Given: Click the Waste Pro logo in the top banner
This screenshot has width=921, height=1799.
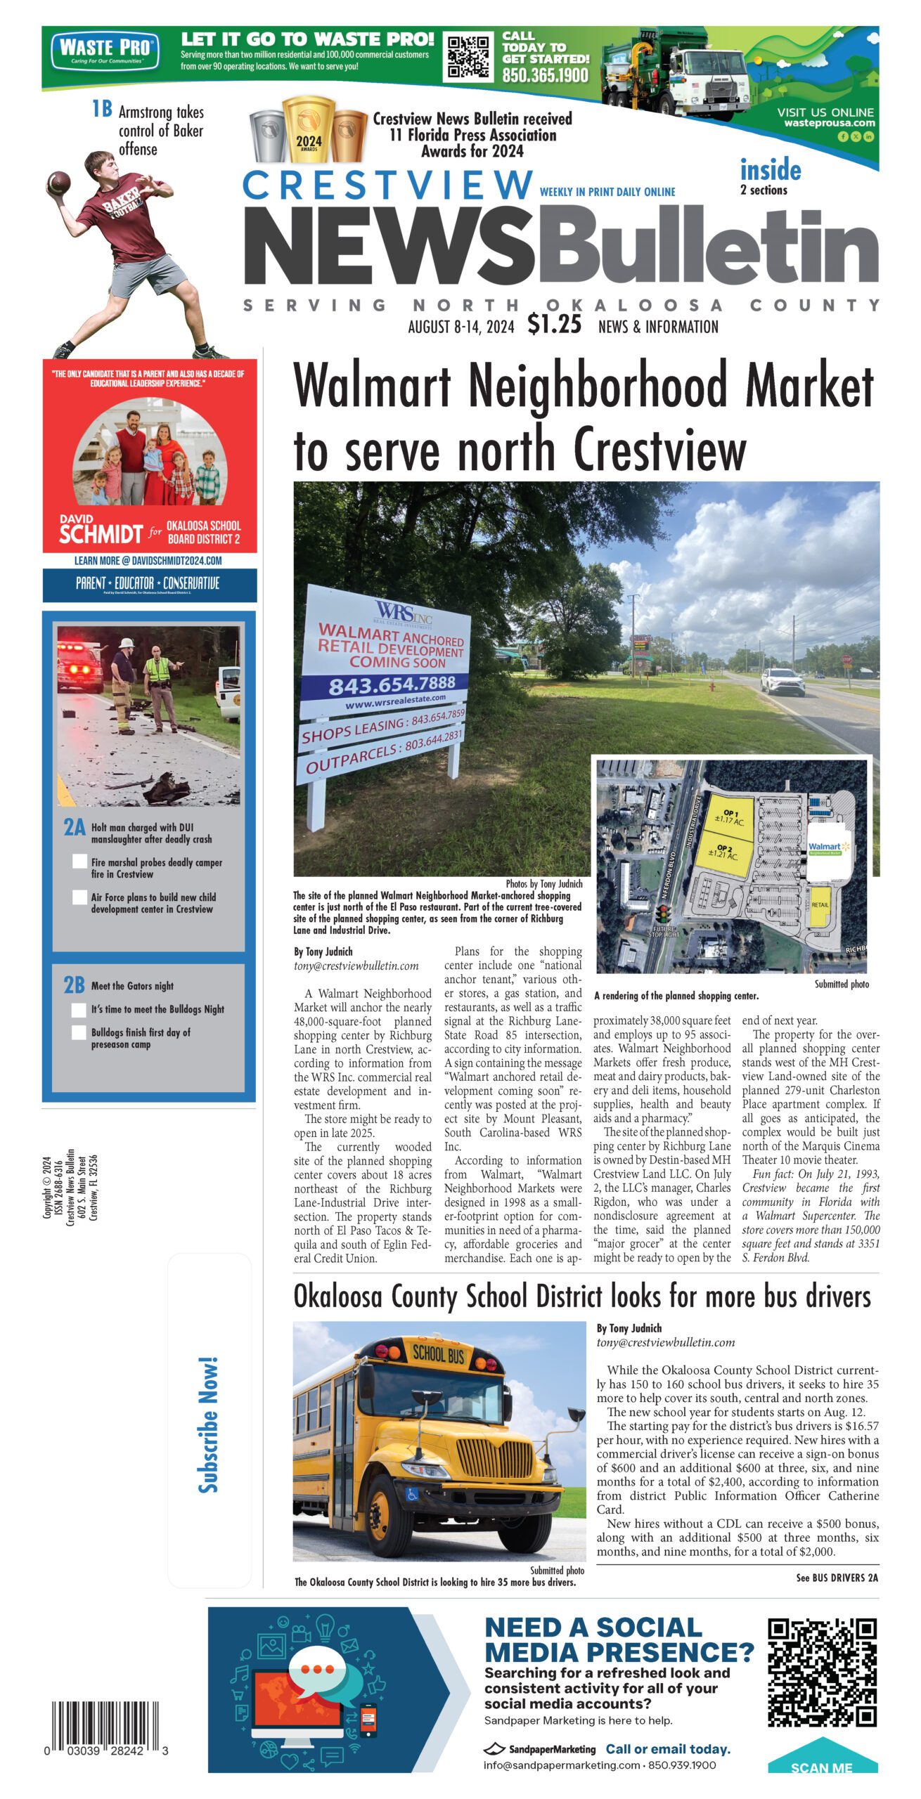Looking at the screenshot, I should pos(105,51).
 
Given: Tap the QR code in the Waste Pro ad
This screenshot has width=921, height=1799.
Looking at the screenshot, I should pos(468,58).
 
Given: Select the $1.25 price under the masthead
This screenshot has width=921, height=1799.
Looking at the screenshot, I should pos(554,325).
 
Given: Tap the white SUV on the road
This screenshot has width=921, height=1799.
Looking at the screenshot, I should pos(782,681).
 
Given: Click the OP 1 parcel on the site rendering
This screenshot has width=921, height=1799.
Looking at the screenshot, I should pos(730,817).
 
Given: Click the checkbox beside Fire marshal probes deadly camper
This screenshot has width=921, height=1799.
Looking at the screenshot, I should pos(79,862).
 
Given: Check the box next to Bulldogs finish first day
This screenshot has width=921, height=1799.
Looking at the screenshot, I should pos(79,1032).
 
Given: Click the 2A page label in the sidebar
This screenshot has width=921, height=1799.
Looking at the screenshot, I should pos(75,828).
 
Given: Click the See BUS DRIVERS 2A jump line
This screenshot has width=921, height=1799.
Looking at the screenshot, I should pos(837,1578).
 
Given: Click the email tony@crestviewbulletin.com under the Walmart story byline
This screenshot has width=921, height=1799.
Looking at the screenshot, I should pos(356,966).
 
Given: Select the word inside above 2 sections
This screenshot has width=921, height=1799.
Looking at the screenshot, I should pos(770,170).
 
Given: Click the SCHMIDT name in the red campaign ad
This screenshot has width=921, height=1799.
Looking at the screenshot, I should pos(101,535).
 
